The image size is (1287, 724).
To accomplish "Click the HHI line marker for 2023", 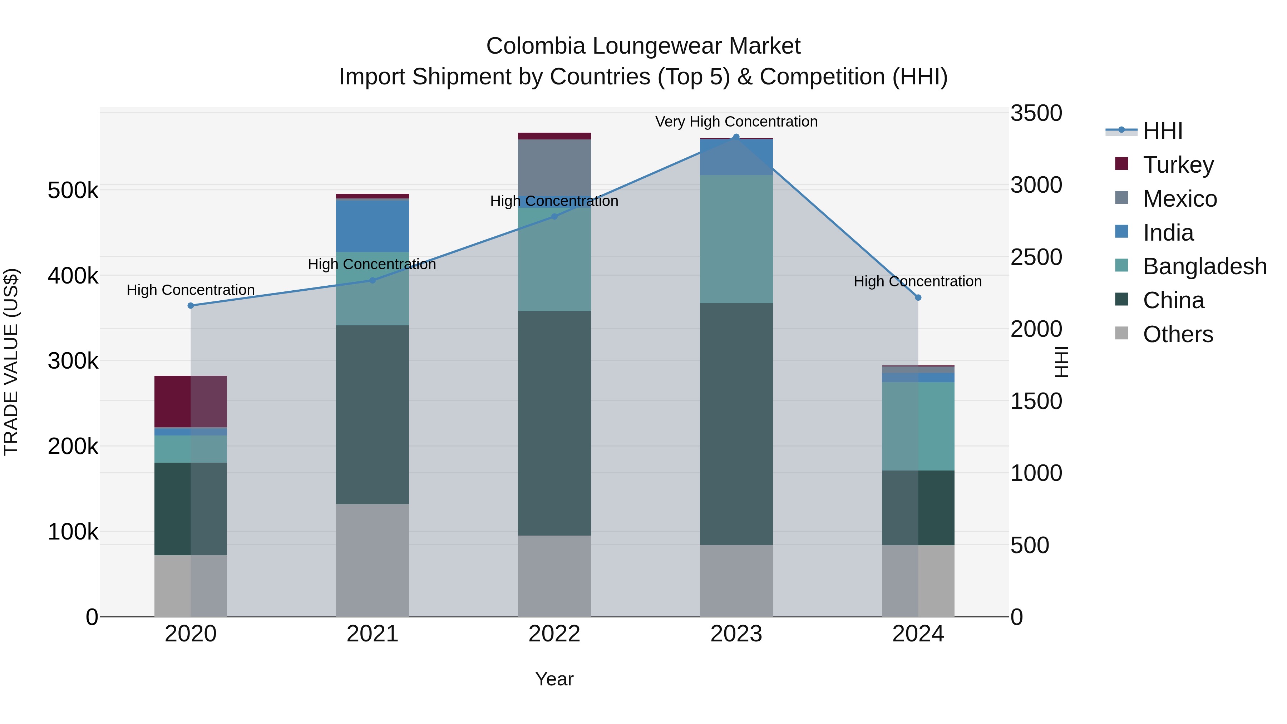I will (x=736, y=137).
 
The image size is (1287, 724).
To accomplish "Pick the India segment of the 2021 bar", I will (x=372, y=226).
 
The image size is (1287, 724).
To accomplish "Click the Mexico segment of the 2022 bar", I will (x=554, y=167).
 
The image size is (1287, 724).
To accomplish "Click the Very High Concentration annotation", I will (x=736, y=122).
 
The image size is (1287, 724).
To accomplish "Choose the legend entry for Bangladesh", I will (x=1204, y=266).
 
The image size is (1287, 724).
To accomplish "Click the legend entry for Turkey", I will (x=1178, y=165).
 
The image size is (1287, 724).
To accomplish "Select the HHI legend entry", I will (x=1162, y=131).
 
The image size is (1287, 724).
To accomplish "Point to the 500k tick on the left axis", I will (x=73, y=190).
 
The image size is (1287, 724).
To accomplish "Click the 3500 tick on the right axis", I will (x=1036, y=113).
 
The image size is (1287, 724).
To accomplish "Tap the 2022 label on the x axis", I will (x=554, y=634).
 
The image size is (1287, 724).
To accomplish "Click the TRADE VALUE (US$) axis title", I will (x=11, y=362).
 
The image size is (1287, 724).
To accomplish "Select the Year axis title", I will (x=554, y=679).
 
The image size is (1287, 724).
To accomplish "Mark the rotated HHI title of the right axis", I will (x=1061, y=362).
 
